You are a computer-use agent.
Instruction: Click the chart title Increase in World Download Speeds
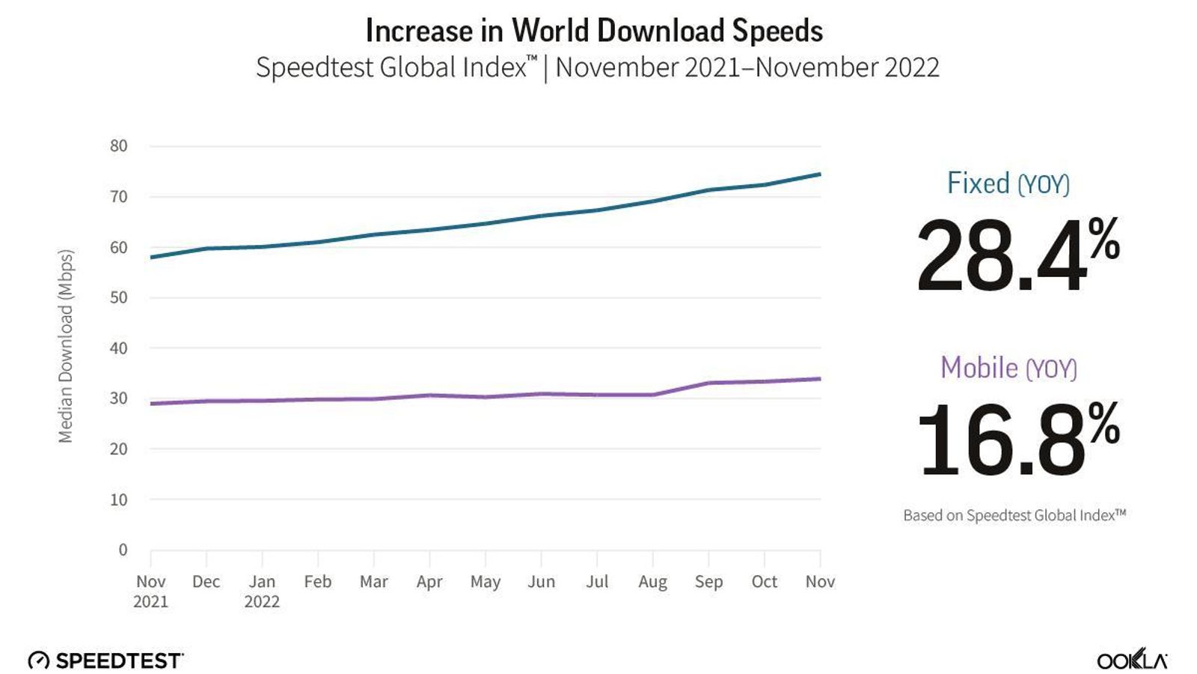(594, 31)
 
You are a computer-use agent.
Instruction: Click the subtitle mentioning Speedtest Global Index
(597, 67)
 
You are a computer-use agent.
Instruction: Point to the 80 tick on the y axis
(119, 146)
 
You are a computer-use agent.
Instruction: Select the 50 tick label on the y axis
(119, 297)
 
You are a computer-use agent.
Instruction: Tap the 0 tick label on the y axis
(123, 550)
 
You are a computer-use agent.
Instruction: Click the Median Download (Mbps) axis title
(66, 346)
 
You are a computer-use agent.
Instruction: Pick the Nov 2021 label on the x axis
(150, 591)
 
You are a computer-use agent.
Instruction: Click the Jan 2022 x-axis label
(262, 591)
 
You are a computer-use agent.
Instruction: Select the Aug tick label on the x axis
(652, 582)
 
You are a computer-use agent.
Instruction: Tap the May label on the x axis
(485, 582)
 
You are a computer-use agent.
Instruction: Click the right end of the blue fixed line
(820, 174)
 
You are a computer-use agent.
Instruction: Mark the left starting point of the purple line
(152, 404)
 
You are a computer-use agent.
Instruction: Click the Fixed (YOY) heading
(1008, 183)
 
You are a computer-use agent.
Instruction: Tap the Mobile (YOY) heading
(1008, 368)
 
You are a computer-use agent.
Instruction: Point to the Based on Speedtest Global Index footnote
(1014, 515)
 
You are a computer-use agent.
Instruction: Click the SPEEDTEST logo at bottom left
(106, 660)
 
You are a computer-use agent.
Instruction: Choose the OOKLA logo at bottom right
(1131, 661)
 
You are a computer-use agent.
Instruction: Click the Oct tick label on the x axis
(764, 582)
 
